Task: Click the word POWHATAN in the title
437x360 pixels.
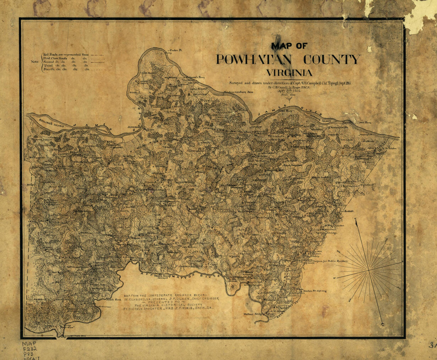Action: coord(254,60)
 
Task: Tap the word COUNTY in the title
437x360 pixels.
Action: coord(332,60)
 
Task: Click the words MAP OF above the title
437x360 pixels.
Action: coord(289,46)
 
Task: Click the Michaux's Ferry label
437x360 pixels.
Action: coord(195,77)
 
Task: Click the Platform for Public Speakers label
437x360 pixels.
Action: coord(330,261)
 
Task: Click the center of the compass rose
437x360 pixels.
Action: coord(369,270)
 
